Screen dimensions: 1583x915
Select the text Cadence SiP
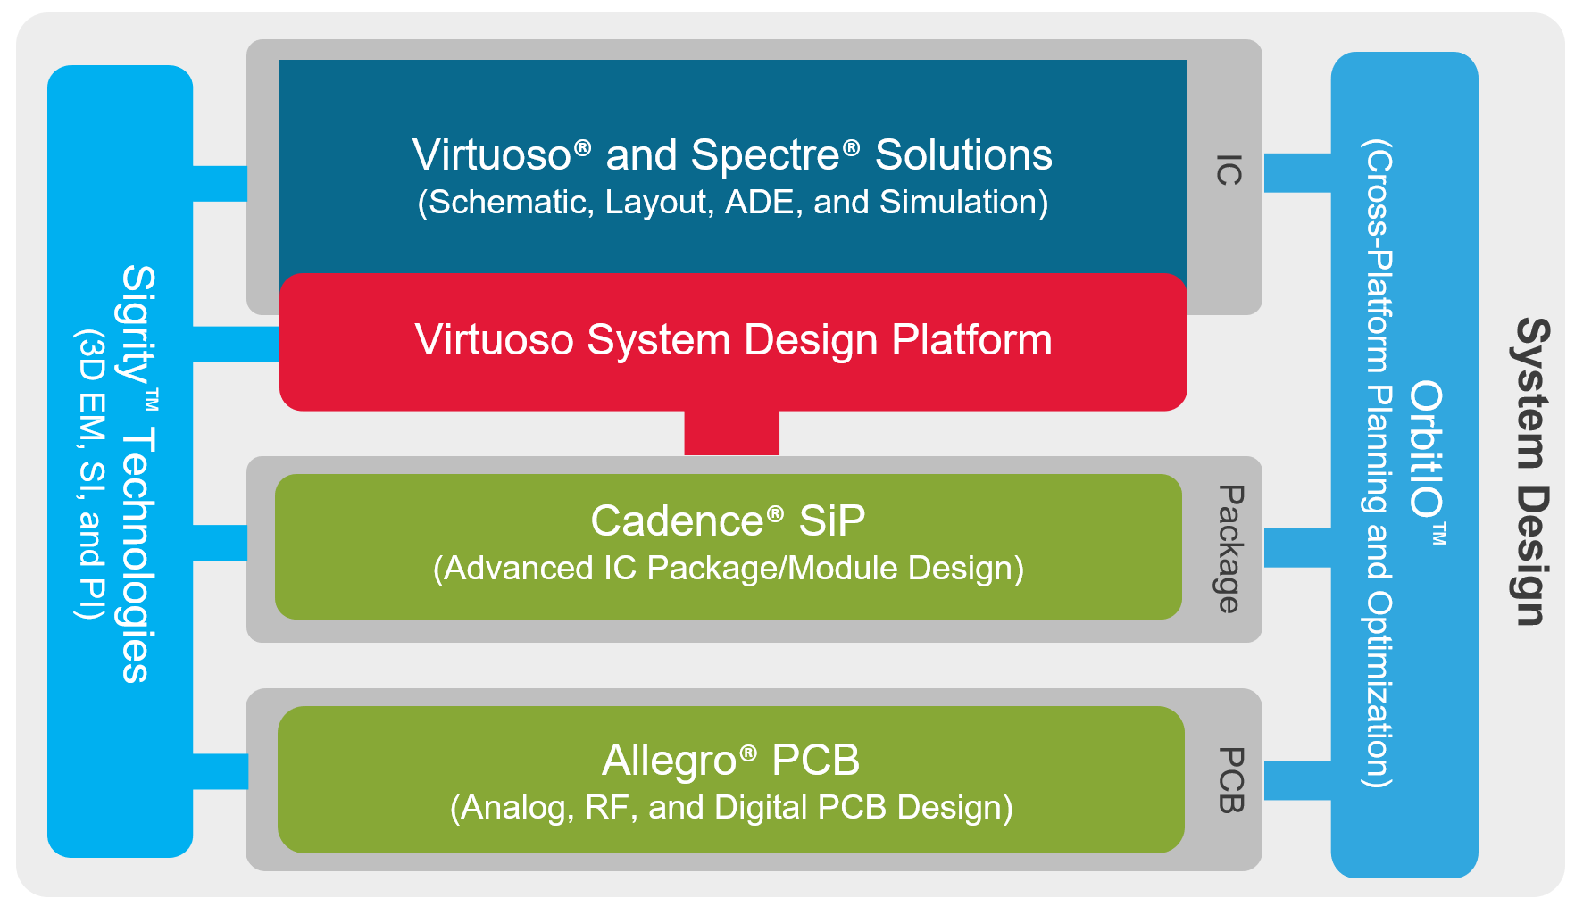728,520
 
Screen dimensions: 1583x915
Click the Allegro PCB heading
730,761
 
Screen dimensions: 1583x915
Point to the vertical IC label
1229,170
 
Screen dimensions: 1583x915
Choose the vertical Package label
1229,549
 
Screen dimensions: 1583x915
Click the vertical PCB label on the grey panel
1230,779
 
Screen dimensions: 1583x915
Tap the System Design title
1533,471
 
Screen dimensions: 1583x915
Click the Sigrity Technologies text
139,473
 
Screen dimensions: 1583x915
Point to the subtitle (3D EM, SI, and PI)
91,474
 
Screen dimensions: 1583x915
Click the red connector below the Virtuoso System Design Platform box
731,433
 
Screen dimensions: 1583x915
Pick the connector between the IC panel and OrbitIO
1296,172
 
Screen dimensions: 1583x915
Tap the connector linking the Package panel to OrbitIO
1296,547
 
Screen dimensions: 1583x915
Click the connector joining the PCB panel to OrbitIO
1296,780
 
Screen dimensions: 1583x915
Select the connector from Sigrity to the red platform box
237,344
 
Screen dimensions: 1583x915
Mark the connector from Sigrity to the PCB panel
220,771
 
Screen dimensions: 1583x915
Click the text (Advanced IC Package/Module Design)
728,569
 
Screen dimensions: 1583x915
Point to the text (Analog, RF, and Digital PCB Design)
731,808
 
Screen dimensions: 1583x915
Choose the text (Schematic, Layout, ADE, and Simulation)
733,203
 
